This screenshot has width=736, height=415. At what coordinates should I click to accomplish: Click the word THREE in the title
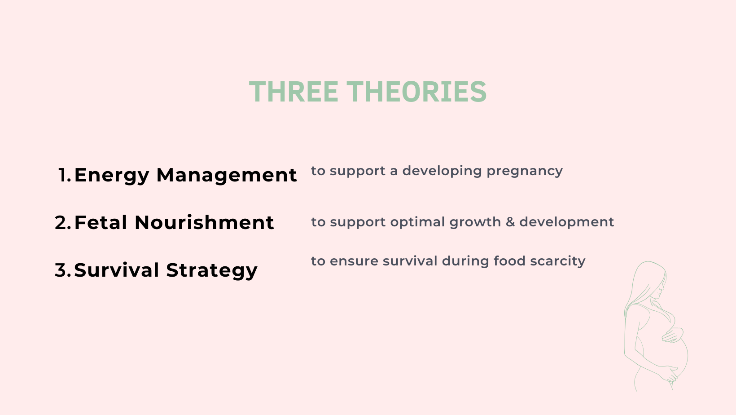(x=294, y=92)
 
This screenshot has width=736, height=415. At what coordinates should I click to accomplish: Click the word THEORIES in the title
(x=416, y=92)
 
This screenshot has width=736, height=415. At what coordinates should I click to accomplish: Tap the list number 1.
(x=65, y=175)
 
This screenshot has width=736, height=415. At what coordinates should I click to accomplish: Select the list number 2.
(x=63, y=223)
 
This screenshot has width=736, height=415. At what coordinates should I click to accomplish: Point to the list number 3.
(x=63, y=270)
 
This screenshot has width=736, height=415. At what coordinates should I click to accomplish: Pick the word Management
(x=227, y=175)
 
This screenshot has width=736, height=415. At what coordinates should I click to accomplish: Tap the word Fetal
(x=101, y=223)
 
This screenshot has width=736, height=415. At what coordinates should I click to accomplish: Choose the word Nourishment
(x=204, y=223)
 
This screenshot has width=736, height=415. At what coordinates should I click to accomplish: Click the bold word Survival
(x=117, y=270)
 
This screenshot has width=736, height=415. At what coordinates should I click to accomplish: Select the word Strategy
(x=212, y=271)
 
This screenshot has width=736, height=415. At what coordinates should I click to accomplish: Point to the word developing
(x=442, y=171)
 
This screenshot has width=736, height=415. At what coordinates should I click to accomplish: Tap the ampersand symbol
(x=510, y=222)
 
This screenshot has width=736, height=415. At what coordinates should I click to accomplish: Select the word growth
(x=475, y=223)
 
